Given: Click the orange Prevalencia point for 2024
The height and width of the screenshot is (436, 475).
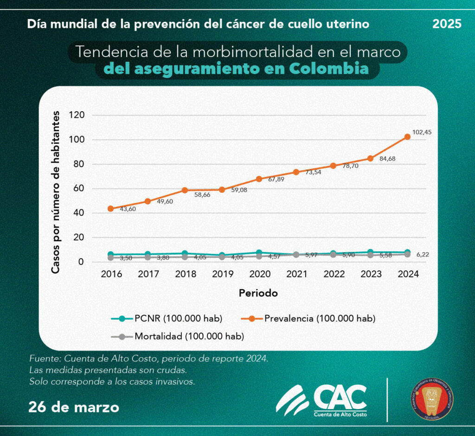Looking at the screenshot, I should tap(407, 137).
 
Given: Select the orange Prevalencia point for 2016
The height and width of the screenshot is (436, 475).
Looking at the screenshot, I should tap(110, 209).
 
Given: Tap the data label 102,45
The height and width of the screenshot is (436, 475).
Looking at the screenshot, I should tap(422, 132).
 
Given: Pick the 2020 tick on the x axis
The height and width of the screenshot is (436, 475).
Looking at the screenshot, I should tap(259, 274).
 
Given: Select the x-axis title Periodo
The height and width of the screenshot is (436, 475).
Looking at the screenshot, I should tap(258, 293).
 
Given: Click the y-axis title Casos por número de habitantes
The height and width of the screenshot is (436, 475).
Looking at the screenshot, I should tap(56, 192).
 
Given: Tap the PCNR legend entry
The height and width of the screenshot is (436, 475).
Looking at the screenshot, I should tap(167, 319).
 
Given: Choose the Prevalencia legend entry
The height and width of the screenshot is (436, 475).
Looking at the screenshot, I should tap(308, 319).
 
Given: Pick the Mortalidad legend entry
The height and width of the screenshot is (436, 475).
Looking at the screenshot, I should tap(178, 336).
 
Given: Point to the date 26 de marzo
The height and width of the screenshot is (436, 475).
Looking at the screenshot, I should tap(73, 407).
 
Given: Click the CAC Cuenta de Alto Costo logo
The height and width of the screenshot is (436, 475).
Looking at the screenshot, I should tap(321, 400).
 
